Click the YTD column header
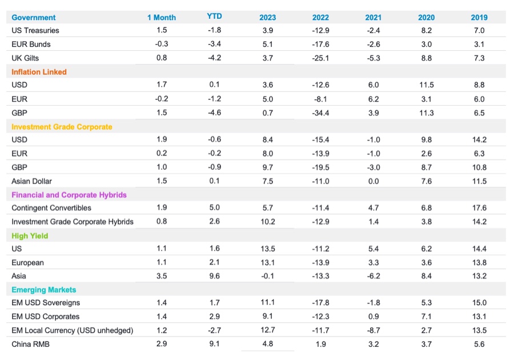[x=214, y=17]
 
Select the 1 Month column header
[x=162, y=17]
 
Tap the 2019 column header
[x=480, y=17]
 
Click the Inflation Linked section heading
[x=39, y=72]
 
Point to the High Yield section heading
[x=30, y=235]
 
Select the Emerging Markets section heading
[x=43, y=290]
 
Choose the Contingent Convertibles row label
[x=51, y=208]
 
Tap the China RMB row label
[x=31, y=344]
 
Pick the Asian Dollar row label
[x=31, y=181]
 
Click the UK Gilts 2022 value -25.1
[x=321, y=58]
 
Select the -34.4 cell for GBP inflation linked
[x=321, y=113]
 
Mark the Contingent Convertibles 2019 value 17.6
[x=480, y=208]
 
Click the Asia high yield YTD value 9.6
[x=214, y=276]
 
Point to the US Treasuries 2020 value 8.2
[x=426, y=30]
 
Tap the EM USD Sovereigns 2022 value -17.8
[x=321, y=303]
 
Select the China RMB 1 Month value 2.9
[x=162, y=344]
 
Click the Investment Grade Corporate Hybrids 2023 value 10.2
[x=267, y=222]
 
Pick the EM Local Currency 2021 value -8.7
[x=374, y=330]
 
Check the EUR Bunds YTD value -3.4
[x=214, y=44]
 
